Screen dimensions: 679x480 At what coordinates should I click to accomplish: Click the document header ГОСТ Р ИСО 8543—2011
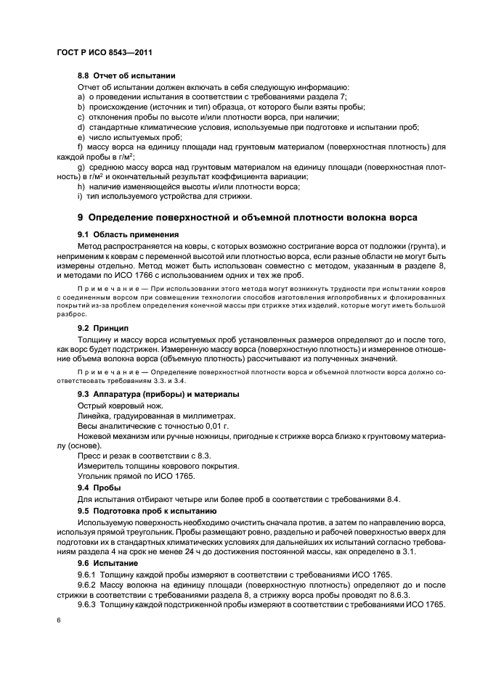[x=102, y=53]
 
